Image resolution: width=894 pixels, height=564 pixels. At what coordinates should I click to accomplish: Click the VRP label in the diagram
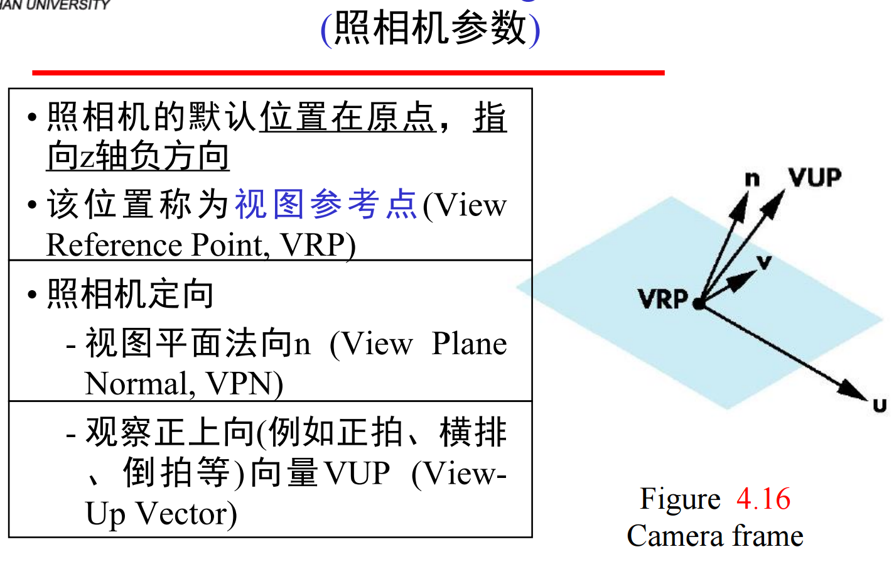click(663, 299)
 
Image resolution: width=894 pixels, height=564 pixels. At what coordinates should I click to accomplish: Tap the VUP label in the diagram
click(815, 178)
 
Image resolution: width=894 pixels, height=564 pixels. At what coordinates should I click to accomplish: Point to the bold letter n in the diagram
click(751, 180)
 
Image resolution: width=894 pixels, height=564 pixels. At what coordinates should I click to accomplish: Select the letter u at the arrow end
click(880, 405)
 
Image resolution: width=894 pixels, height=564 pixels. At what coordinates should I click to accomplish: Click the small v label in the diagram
click(764, 262)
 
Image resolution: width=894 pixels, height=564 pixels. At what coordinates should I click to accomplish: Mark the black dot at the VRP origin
click(698, 304)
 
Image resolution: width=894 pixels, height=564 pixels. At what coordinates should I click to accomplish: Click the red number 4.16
click(763, 499)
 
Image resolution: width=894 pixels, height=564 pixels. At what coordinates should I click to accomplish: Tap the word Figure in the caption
click(680, 499)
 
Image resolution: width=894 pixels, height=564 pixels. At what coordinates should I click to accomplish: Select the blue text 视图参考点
click(326, 205)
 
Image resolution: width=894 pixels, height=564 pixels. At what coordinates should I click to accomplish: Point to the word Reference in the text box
click(116, 245)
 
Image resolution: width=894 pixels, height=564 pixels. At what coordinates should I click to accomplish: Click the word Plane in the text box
click(469, 344)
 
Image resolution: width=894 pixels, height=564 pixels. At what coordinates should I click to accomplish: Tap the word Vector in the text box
click(186, 514)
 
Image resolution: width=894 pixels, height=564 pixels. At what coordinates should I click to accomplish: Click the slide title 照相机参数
click(430, 28)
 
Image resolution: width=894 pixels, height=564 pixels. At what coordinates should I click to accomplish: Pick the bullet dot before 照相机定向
click(32, 294)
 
